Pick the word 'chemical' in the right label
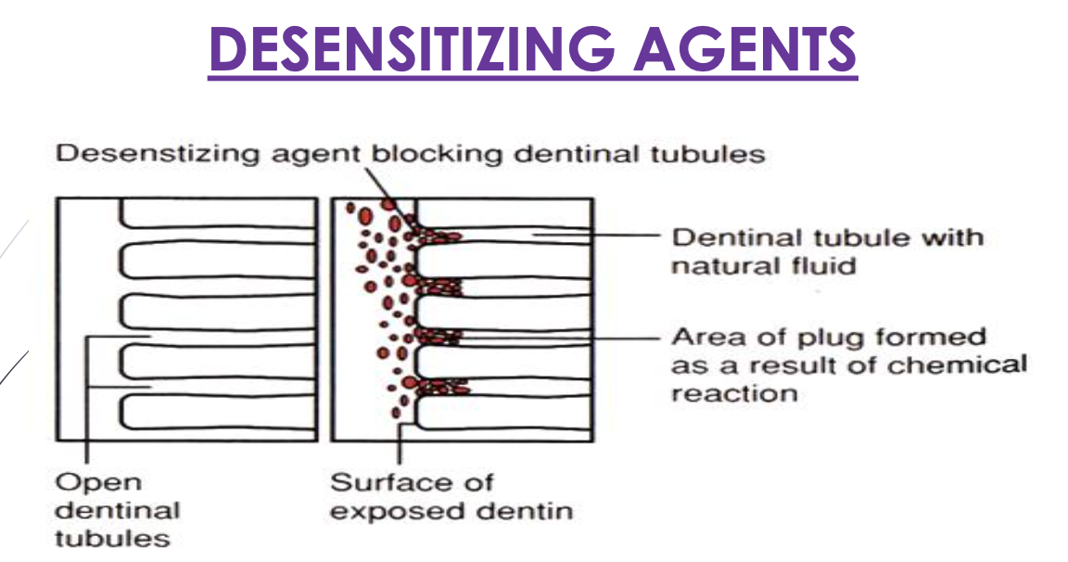pos(957,364)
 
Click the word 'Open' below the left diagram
pos(86,482)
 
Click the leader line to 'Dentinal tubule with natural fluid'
pos(593,236)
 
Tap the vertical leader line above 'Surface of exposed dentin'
pos(400,449)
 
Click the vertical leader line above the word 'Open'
pos(86,408)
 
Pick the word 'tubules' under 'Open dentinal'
pos(113,539)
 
